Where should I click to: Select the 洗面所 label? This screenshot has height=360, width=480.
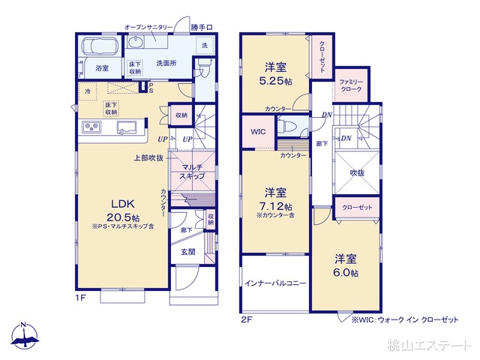tap(166, 64)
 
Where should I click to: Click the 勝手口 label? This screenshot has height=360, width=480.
tap(201, 28)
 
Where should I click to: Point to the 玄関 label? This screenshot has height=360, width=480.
tap(188, 252)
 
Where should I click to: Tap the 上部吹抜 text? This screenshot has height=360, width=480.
tap(149, 158)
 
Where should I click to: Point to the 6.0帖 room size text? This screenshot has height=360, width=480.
tap(346, 274)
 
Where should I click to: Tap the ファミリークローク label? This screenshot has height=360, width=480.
tap(350, 85)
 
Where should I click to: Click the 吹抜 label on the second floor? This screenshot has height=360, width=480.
tap(358, 172)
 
